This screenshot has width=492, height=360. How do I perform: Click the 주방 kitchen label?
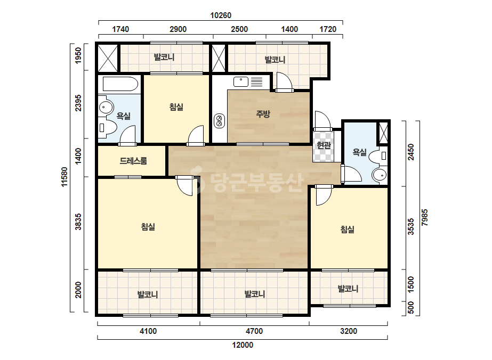pyautogui.click(x=263, y=114)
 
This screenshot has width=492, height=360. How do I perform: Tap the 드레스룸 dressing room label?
pyautogui.click(x=133, y=161)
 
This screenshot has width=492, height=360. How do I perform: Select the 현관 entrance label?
pyautogui.click(x=324, y=145)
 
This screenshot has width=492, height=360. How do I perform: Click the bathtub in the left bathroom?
pyautogui.click(x=120, y=84)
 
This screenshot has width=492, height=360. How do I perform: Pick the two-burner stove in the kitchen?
pyautogui.click(x=219, y=121)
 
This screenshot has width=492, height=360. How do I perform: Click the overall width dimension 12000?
pyautogui.click(x=243, y=345)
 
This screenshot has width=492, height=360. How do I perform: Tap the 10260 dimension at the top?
pyautogui.click(x=221, y=15)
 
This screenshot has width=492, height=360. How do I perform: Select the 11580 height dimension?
pyautogui.click(x=64, y=177)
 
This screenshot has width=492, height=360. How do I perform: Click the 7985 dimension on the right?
pyautogui.click(x=424, y=217)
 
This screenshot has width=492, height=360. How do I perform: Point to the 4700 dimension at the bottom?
pyautogui.click(x=254, y=331)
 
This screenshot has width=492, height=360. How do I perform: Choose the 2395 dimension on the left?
pyautogui.click(x=78, y=103)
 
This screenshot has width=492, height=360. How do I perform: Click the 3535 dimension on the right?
pyautogui.click(x=411, y=227)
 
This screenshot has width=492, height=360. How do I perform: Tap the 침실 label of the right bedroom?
pyautogui.click(x=348, y=230)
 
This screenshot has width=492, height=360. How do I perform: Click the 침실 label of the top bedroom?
pyautogui.click(x=176, y=107)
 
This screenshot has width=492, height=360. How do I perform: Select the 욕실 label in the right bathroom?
pyautogui.click(x=360, y=152)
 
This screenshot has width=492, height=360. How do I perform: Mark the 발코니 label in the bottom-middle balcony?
pyautogui.click(x=255, y=294)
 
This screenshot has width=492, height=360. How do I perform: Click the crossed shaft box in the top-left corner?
pyautogui.click(x=108, y=59)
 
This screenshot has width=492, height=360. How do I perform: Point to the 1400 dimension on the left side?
pyautogui.click(x=78, y=156)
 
